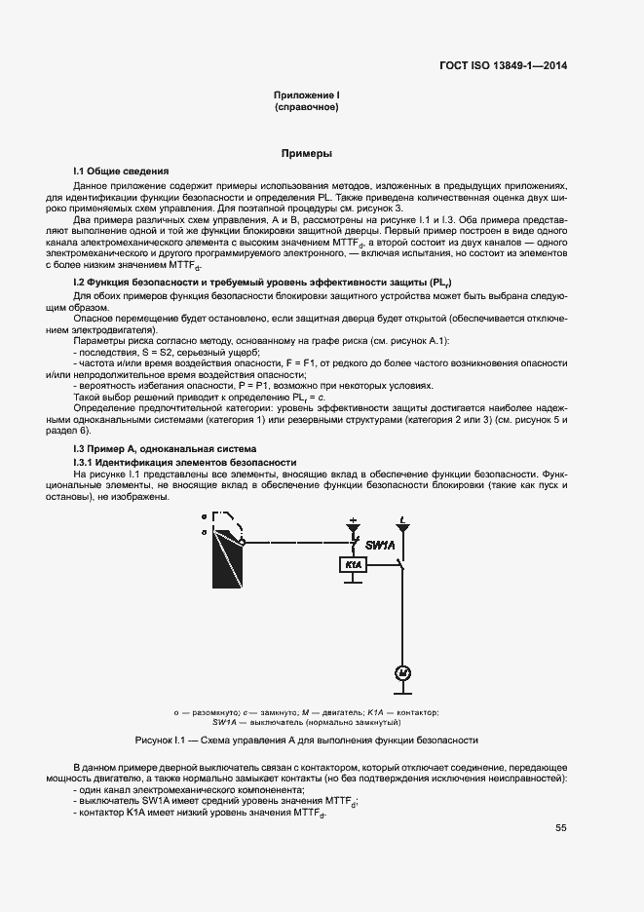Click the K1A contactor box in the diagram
click(352, 565)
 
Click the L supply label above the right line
click(404, 520)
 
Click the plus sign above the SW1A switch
click(353, 520)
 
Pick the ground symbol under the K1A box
click(353, 582)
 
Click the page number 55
click(561, 828)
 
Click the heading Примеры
click(307, 154)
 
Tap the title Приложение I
click(307, 95)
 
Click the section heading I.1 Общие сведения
click(121, 171)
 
